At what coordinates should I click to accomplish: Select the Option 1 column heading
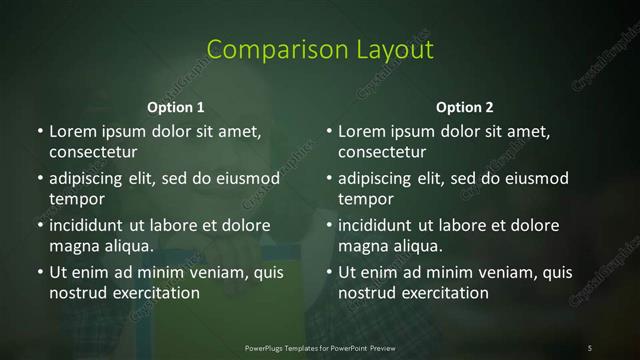coord(175,106)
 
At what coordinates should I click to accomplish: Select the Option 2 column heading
coord(464,106)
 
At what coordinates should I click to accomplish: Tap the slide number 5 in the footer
coord(590,347)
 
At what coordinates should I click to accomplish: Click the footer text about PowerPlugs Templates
coord(319,347)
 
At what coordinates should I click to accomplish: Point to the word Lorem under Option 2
coord(361,132)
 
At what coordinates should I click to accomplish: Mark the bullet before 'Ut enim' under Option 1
coord(39,272)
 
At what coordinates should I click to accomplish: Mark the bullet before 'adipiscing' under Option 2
coord(328,179)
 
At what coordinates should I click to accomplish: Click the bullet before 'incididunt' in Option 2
coord(328,225)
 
